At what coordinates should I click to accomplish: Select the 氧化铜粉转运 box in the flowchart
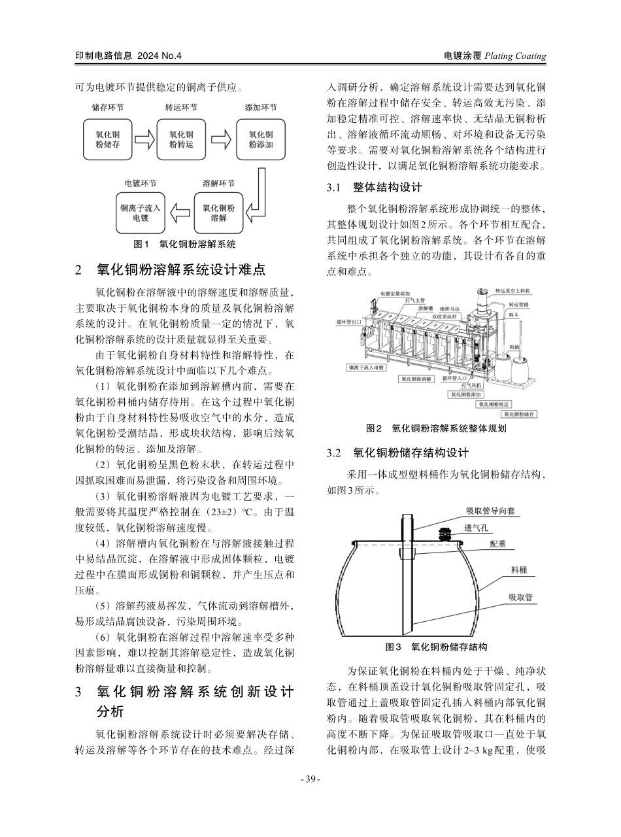pos(181,139)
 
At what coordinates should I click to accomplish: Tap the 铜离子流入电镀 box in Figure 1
pos(141,213)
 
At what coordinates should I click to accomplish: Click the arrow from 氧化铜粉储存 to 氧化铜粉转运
pos(144,139)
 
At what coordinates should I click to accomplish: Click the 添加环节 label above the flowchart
pos(261,108)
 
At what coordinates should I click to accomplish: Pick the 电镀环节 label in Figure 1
pos(141,183)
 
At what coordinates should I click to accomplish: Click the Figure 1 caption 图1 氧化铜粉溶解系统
pos(184,244)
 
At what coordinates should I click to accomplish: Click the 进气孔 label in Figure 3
pos(476,527)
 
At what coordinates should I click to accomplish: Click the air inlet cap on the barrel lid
pos(446,534)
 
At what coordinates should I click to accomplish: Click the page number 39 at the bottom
pos(310,779)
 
